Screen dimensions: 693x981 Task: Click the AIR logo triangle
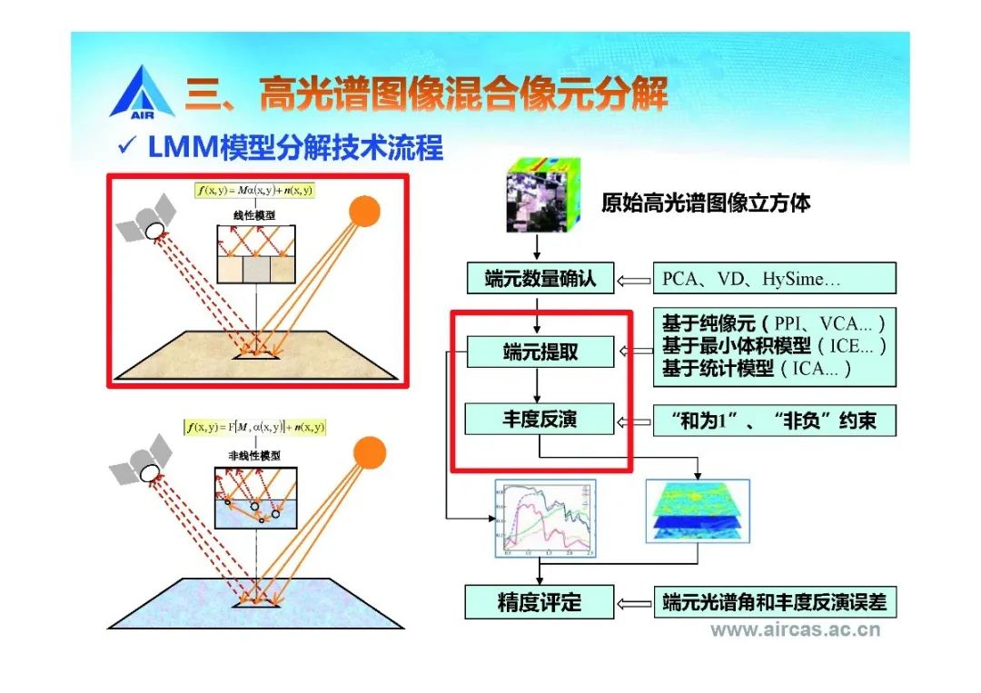tap(141, 91)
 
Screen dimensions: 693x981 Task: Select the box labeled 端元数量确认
tap(540, 278)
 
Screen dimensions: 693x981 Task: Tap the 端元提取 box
tap(540, 351)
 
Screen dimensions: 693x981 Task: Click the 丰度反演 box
tap(540, 421)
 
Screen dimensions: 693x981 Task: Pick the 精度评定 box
tap(540, 602)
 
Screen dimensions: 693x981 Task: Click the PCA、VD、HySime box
tap(774, 278)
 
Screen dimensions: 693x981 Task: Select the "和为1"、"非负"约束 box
tap(774, 421)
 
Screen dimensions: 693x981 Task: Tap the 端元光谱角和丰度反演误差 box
tap(774, 602)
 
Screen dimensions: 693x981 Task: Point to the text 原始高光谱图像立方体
tap(706, 202)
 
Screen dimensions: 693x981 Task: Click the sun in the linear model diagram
tap(365, 213)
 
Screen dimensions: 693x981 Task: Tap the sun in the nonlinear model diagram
tap(369, 452)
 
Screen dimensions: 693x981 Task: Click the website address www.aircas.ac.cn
tap(795, 630)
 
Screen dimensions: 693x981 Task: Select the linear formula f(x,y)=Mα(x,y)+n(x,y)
tap(255, 190)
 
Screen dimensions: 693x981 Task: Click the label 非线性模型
tap(254, 455)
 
